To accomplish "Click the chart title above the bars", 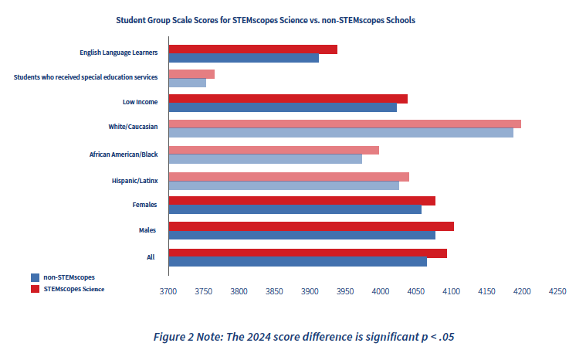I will [266, 20].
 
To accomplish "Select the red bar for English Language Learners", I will [252, 49].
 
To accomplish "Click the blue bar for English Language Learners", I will [243, 58].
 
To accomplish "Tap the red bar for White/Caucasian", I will [344, 124].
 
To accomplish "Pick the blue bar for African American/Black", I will [265, 159].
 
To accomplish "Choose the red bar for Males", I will [310, 226].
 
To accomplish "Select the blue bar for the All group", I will [297, 261].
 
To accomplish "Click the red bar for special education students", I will [191, 73].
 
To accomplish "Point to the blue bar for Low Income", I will [282, 107].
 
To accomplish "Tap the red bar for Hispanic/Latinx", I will [288, 176].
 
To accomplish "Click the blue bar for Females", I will [294, 209].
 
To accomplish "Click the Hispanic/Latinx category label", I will [134, 180].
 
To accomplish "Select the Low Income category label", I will [140, 101].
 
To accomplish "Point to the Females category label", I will [145, 205].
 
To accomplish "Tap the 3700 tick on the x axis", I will [168, 292].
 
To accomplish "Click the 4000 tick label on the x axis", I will [380, 292].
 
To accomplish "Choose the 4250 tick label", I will [557, 292].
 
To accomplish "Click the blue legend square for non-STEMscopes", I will [35, 277].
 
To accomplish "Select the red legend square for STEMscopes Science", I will [35, 289].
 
